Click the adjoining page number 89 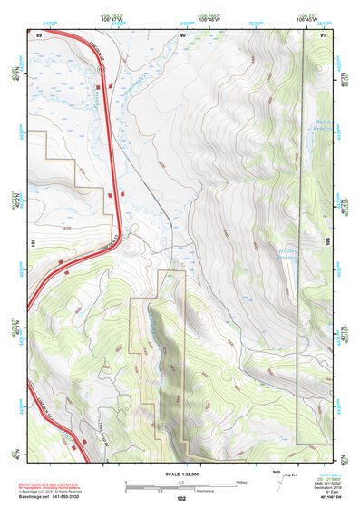38,34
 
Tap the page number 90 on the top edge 182,34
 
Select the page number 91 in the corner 324,34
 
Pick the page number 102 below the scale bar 181,499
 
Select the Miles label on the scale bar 241,482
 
